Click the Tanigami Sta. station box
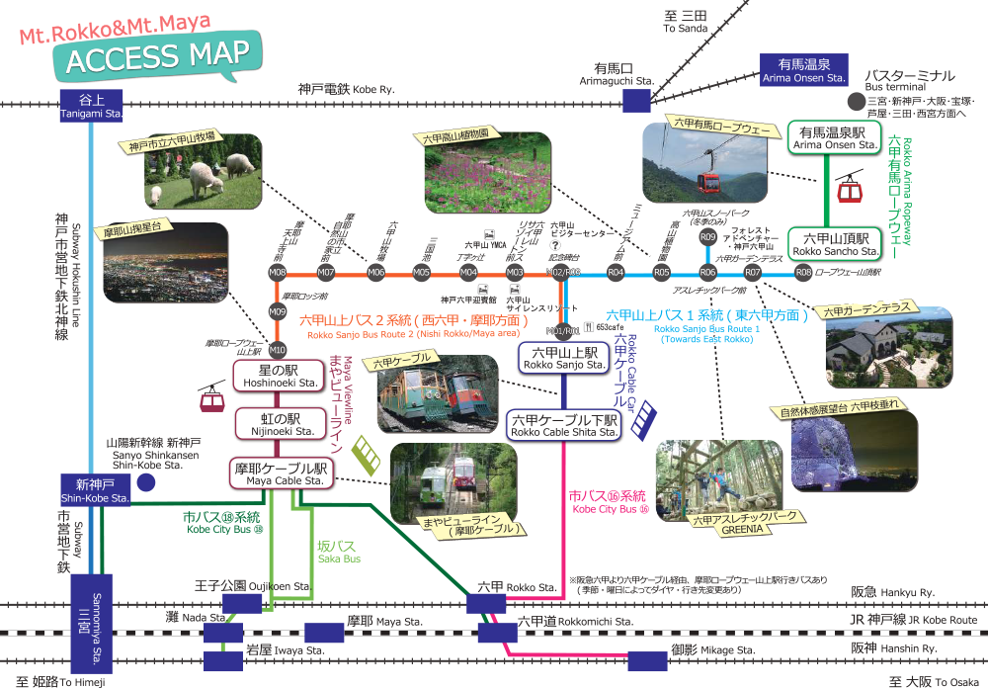pos(91,106)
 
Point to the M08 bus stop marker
pos(278,272)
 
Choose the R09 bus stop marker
pos(707,237)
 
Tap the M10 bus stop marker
pos(278,349)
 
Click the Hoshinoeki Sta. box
pos(280,376)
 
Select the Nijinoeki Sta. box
pos(281,424)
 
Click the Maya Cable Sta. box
pos(280,473)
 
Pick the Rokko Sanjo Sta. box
pos(563,358)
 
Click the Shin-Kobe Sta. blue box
pos(95,490)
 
